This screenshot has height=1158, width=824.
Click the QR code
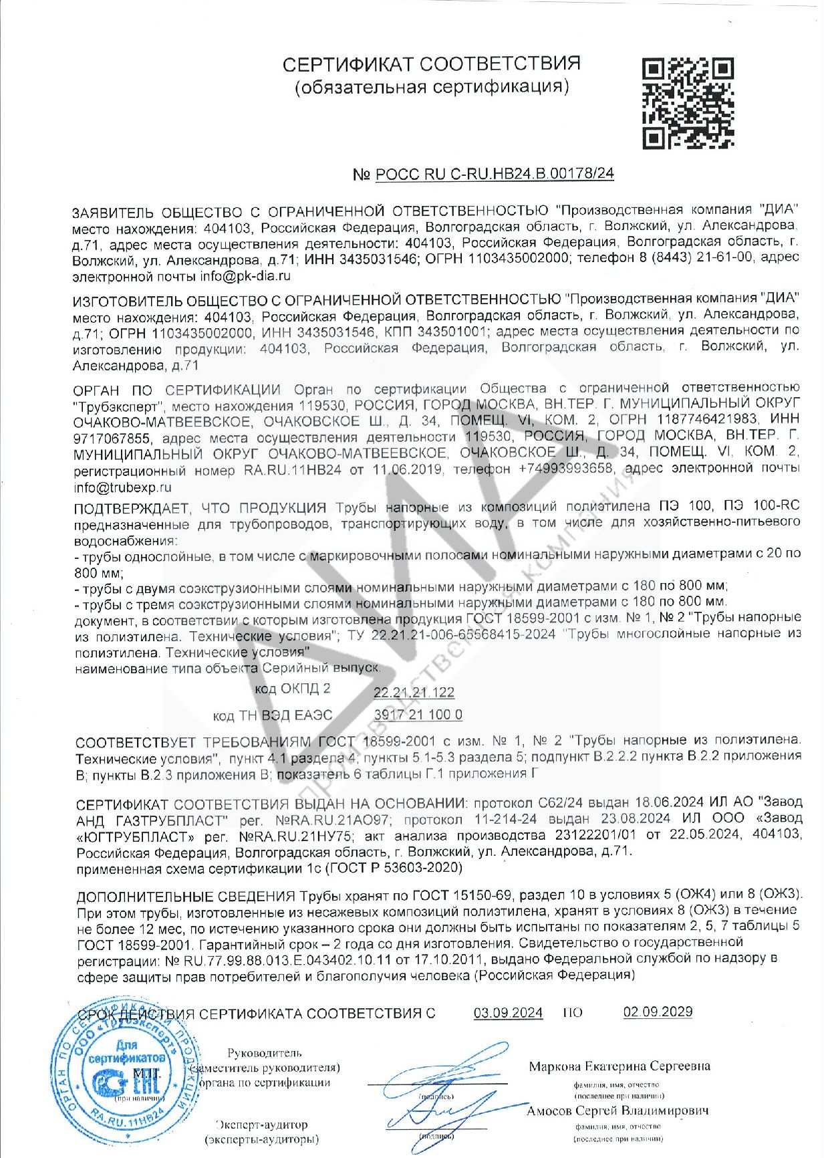(688, 103)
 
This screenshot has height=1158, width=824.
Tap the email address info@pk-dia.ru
(245, 275)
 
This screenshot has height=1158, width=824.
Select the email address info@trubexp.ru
(123, 488)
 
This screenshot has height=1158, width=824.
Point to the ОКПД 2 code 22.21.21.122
(414, 692)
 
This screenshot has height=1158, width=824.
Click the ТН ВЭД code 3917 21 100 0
(418, 715)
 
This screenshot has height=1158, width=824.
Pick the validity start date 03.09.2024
(508, 1013)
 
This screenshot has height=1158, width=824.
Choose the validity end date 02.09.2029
(658, 1012)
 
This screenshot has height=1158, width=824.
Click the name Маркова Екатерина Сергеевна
(620, 1066)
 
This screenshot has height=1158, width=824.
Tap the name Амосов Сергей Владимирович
(617, 1111)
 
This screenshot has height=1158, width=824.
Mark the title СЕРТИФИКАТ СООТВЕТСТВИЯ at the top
(431, 64)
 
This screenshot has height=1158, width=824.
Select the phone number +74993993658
(565, 469)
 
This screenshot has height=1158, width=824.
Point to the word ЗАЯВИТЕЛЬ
(114, 213)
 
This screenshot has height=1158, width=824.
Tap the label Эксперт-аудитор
(262, 1125)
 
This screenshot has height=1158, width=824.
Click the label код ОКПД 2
(292, 689)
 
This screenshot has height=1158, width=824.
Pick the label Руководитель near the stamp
(264, 1053)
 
